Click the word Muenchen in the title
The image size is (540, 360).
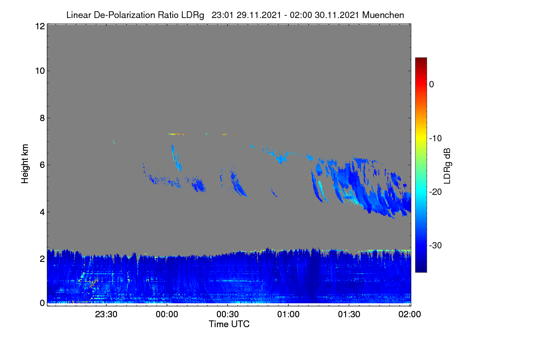point(383,15)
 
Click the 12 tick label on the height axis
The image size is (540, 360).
point(40,26)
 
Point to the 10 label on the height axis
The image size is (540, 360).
point(40,71)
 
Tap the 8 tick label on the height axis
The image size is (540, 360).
point(42,118)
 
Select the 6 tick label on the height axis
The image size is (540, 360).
point(42,165)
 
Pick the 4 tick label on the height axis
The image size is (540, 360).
point(42,212)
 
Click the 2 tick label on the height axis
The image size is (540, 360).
point(42,259)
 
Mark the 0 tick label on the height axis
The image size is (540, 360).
point(42,303)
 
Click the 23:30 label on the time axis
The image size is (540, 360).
point(106,314)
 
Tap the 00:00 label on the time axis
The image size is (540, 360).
point(167,314)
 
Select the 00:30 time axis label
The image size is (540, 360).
point(228,314)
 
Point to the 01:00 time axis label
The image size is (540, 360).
point(288,314)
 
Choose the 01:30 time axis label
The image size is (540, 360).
point(349,314)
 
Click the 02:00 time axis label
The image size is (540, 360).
point(409,314)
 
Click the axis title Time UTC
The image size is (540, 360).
point(229,324)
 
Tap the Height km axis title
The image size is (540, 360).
point(25,164)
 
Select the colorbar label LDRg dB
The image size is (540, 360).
point(447,166)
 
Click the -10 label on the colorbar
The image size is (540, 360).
point(436,139)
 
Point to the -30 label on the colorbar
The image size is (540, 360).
point(436,245)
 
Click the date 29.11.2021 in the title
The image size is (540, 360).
point(259,15)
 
